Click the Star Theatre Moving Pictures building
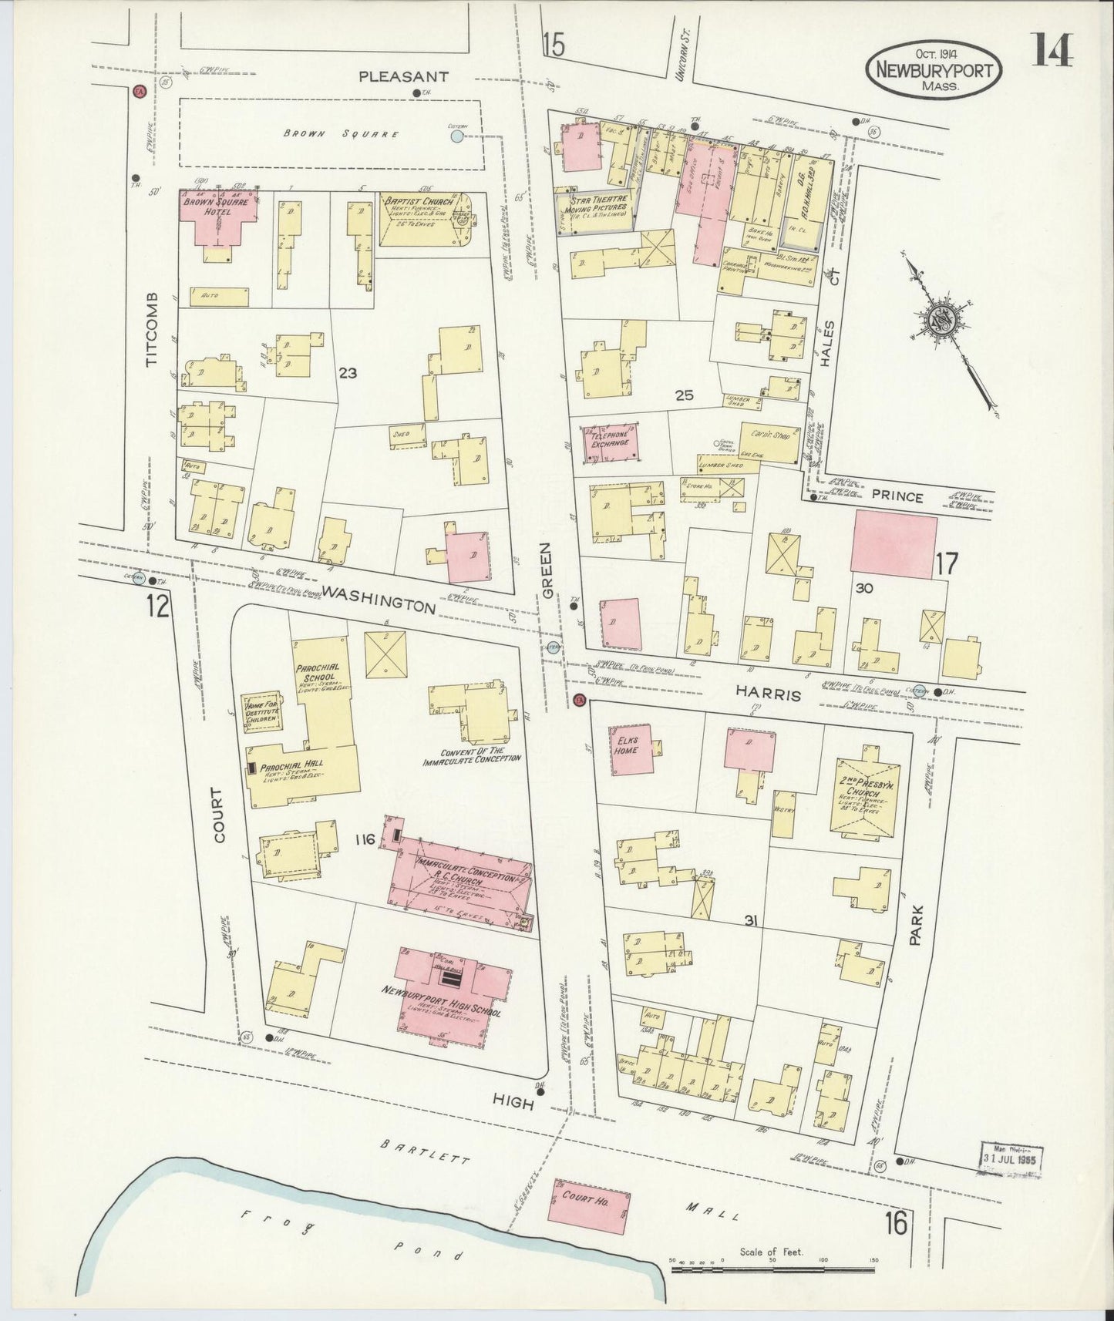[596, 209]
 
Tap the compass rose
[944, 319]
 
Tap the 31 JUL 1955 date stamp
[1011, 1157]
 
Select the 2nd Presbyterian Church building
[866, 795]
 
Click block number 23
[348, 373]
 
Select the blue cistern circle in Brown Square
[457, 136]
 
